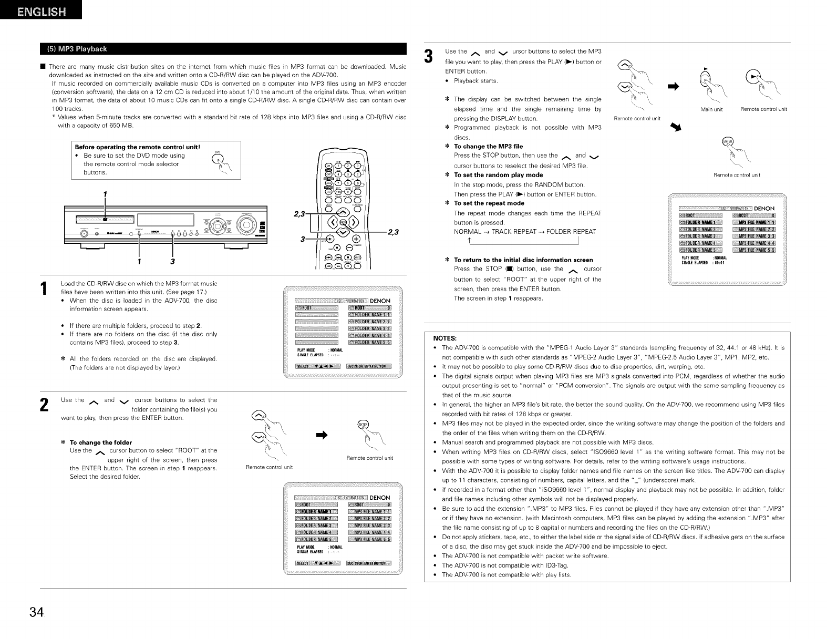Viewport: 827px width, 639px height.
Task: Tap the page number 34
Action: point(37,612)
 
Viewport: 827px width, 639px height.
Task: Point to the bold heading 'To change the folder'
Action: point(101,442)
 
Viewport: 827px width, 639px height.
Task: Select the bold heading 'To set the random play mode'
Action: point(498,174)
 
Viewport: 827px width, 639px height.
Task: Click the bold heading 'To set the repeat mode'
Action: point(489,203)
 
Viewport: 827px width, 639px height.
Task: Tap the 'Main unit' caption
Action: point(712,109)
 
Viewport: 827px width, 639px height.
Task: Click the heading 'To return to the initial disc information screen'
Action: point(523,260)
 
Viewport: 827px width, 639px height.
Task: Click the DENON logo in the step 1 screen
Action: point(380,301)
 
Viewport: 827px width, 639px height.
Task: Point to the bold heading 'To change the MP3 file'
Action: point(488,146)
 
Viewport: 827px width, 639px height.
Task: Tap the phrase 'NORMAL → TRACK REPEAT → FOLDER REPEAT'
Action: point(524,232)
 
